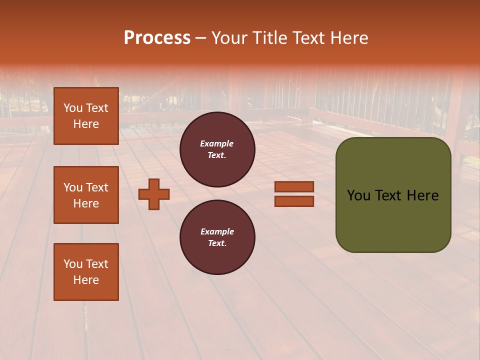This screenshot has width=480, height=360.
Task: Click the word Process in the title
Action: point(157,38)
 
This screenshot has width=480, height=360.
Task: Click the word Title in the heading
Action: point(269,38)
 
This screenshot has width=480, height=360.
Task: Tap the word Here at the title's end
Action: point(347,38)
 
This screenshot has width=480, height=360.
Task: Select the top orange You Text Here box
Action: point(86,116)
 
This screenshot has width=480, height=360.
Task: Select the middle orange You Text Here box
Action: point(86,195)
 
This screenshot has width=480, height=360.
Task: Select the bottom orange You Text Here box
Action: point(86,271)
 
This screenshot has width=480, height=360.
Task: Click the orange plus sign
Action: point(154,194)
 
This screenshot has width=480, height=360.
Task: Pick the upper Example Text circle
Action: point(217,149)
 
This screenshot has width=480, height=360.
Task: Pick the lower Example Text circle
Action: point(217,237)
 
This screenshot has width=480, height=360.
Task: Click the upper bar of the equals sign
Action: point(294,186)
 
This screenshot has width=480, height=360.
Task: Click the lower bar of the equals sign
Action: point(294,201)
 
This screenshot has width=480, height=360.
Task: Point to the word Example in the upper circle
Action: point(217,143)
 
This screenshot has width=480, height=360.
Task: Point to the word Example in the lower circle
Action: point(217,231)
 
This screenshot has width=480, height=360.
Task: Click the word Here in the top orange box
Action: point(86,124)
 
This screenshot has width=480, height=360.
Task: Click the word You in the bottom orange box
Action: point(73,263)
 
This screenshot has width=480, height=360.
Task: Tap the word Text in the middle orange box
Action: point(97,187)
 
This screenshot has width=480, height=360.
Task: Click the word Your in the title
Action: point(229,38)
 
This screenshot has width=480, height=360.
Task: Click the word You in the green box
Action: point(359,195)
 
